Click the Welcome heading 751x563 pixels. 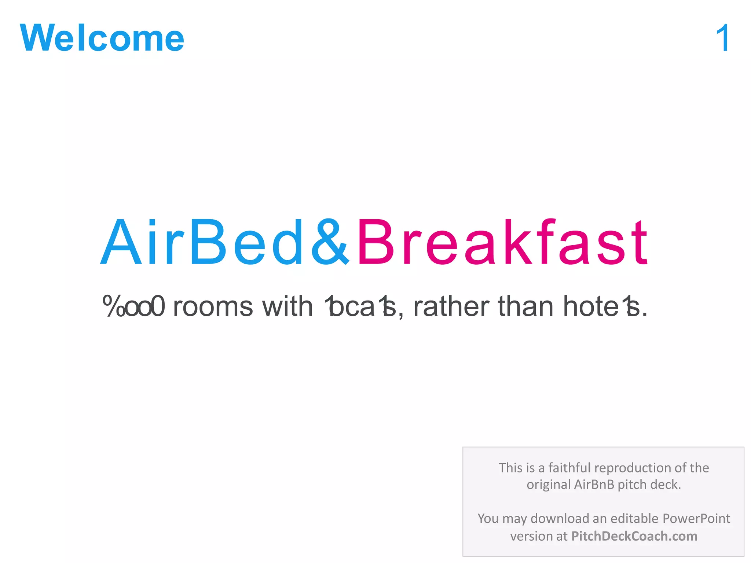tap(102, 38)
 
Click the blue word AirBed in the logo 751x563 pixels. tap(202, 242)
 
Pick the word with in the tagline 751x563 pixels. tap(287, 306)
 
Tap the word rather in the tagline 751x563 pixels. tap(451, 306)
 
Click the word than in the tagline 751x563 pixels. tap(525, 306)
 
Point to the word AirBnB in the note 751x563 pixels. tap(594, 485)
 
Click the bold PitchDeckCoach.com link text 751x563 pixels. tap(634, 536)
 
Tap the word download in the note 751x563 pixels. tap(560, 519)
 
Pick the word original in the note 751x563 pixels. tap(549, 485)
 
